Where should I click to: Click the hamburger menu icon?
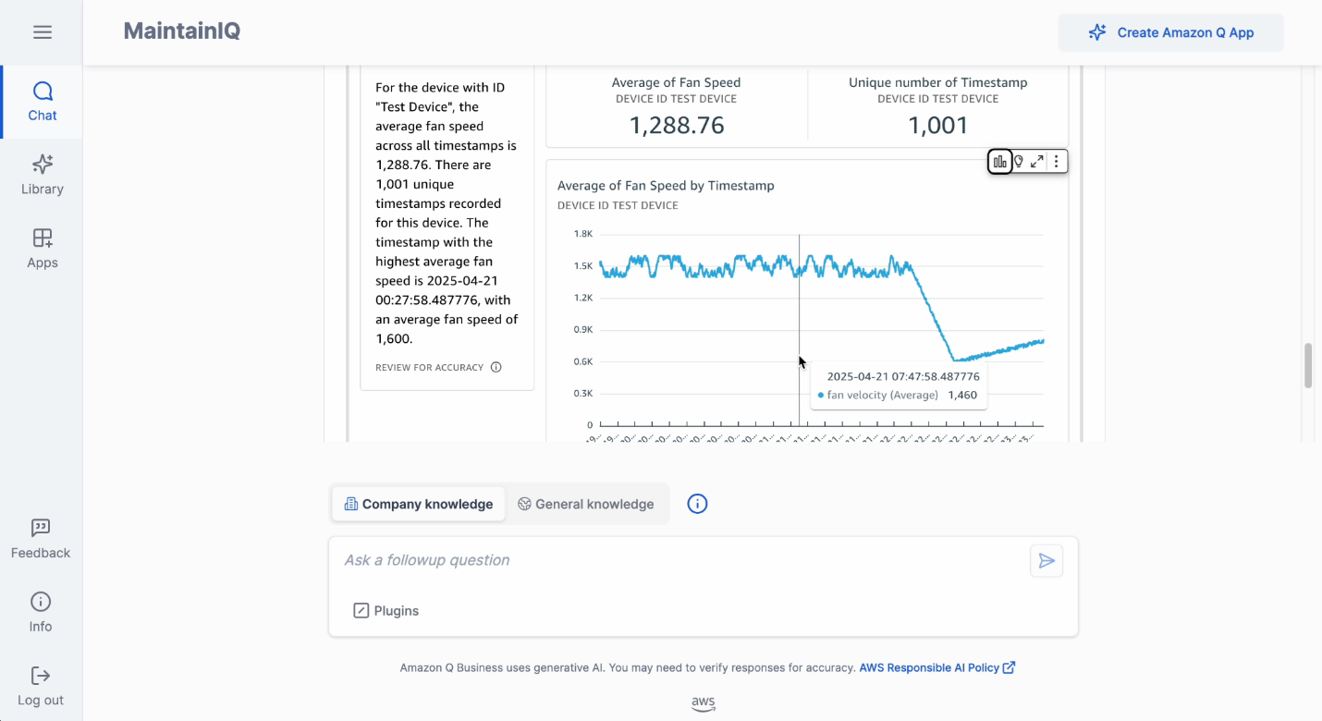click(42, 32)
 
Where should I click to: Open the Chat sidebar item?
click(42, 102)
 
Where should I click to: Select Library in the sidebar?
click(42, 176)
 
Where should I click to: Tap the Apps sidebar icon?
click(42, 249)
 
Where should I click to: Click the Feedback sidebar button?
click(41, 539)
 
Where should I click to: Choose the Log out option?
click(41, 686)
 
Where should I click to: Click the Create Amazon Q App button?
click(1170, 32)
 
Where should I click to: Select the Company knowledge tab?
click(419, 504)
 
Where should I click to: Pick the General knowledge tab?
click(586, 504)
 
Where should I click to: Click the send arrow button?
click(1047, 561)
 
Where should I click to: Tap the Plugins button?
click(386, 611)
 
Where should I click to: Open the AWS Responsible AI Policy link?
click(936, 667)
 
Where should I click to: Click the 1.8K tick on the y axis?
click(582, 234)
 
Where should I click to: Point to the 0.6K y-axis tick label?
click(582, 361)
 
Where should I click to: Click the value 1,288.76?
click(677, 126)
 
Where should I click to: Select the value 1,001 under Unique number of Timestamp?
click(937, 126)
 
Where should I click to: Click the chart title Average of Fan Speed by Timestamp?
click(666, 186)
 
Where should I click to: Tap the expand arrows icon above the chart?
click(1037, 162)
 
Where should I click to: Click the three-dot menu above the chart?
click(1056, 162)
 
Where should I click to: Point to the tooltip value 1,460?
click(962, 396)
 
